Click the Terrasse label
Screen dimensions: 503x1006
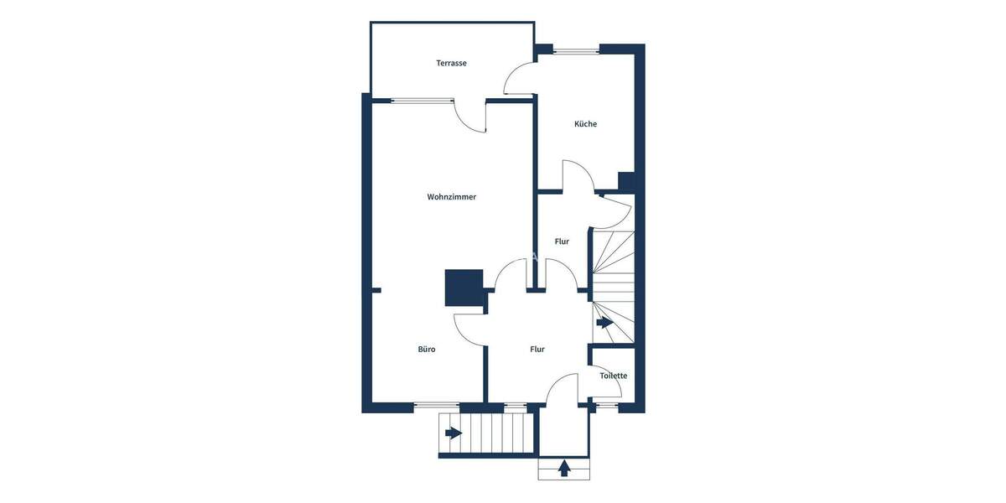coord(451,63)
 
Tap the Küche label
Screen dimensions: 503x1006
coord(585,124)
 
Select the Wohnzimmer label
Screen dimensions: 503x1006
coord(451,197)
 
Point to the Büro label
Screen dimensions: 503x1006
coord(427,350)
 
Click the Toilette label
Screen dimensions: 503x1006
coord(613,376)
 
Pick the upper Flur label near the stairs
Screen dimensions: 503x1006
coord(562,241)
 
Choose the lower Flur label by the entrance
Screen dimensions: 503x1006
coord(537,350)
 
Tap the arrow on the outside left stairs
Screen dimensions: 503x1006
coord(454,433)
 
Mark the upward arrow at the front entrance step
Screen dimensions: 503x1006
coord(564,468)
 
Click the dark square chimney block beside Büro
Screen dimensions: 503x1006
coord(464,288)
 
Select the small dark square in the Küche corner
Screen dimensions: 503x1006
coord(625,181)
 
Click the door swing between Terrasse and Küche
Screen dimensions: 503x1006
coord(518,80)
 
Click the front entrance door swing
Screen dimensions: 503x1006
coord(563,390)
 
